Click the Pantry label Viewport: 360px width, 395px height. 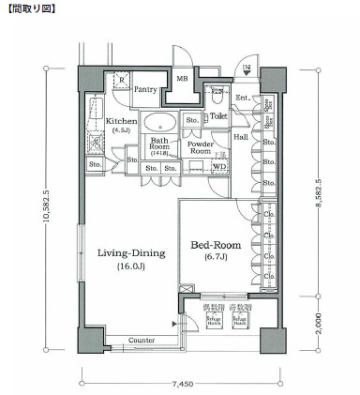click(x=145, y=89)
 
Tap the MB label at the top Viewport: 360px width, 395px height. click(x=183, y=79)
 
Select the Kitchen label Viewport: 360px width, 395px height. click(x=122, y=121)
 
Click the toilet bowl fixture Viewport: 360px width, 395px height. click(x=217, y=95)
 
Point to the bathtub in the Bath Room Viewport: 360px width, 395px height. click(x=165, y=122)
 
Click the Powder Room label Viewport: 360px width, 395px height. click(x=201, y=147)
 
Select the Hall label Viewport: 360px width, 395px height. click(x=241, y=137)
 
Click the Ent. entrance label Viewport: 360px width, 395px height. click(x=243, y=98)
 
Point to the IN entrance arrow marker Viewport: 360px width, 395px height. click(x=247, y=69)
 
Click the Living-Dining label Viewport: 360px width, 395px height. click(x=130, y=252)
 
